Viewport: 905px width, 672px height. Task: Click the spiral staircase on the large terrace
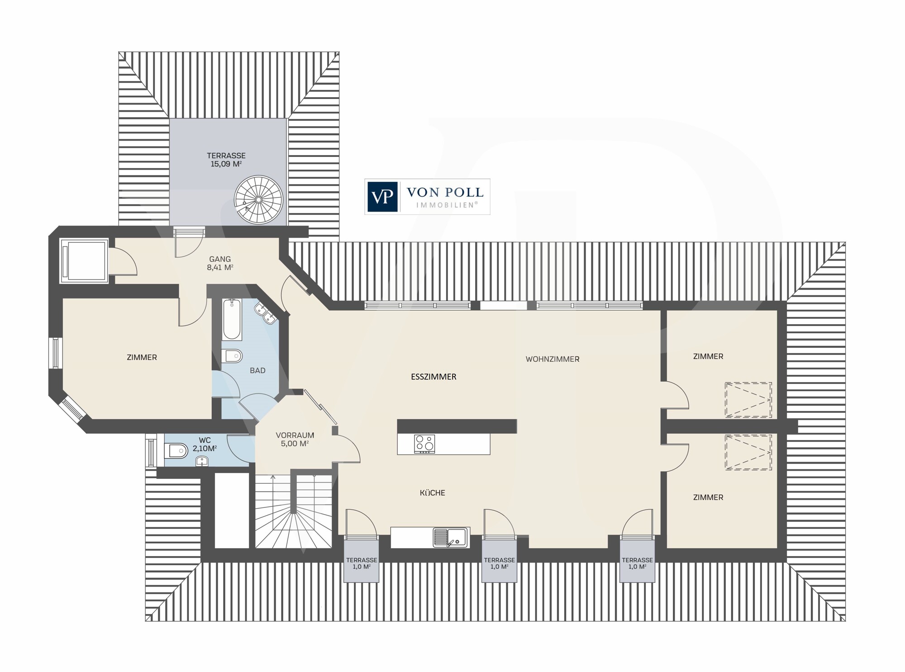(258, 200)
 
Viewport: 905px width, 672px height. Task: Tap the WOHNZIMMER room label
(553, 359)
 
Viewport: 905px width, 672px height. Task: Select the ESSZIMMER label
(433, 377)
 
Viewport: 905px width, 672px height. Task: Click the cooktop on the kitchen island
(425, 444)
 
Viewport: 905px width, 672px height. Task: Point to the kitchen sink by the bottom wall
(451, 537)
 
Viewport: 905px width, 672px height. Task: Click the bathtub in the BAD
(232, 319)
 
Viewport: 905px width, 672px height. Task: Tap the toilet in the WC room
(176, 450)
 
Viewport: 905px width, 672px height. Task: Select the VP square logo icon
(382, 197)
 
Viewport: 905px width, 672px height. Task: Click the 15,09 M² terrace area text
(226, 164)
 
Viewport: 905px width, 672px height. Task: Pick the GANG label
(220, 259)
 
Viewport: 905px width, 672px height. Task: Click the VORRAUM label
(295, 435)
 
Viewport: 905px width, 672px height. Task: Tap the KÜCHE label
(433, 493)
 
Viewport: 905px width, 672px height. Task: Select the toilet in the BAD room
(231, 356)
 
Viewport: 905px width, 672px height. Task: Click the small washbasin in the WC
(202, 461)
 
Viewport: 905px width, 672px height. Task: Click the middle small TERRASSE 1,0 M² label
(499, 563)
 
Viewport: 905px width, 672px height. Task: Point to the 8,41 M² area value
(220, 267)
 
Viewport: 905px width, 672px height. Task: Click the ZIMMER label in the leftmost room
(142, 357)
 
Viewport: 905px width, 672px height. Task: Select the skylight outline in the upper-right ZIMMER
(748, 400)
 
